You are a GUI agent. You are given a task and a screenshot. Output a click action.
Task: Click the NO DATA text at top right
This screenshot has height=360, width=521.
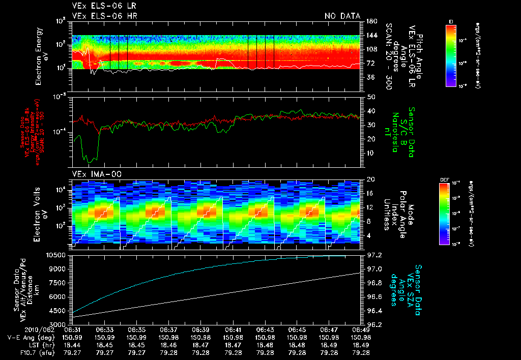(342, 16)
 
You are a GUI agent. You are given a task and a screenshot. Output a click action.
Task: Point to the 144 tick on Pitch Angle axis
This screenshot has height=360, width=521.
(372, 35)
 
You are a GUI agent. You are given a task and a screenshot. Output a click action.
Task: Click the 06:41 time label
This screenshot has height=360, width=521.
(233, 330)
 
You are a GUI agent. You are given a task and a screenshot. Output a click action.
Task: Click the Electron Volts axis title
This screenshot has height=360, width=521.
(39, 212)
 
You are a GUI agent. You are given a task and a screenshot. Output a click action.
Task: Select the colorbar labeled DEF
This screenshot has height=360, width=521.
(450, 214)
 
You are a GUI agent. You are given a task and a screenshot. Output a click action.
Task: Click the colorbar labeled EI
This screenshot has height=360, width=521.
(450, 55)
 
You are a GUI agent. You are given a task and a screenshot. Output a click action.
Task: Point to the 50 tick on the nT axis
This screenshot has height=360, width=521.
(370, 97)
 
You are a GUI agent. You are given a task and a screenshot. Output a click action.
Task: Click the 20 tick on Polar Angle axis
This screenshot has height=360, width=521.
(370, 179)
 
